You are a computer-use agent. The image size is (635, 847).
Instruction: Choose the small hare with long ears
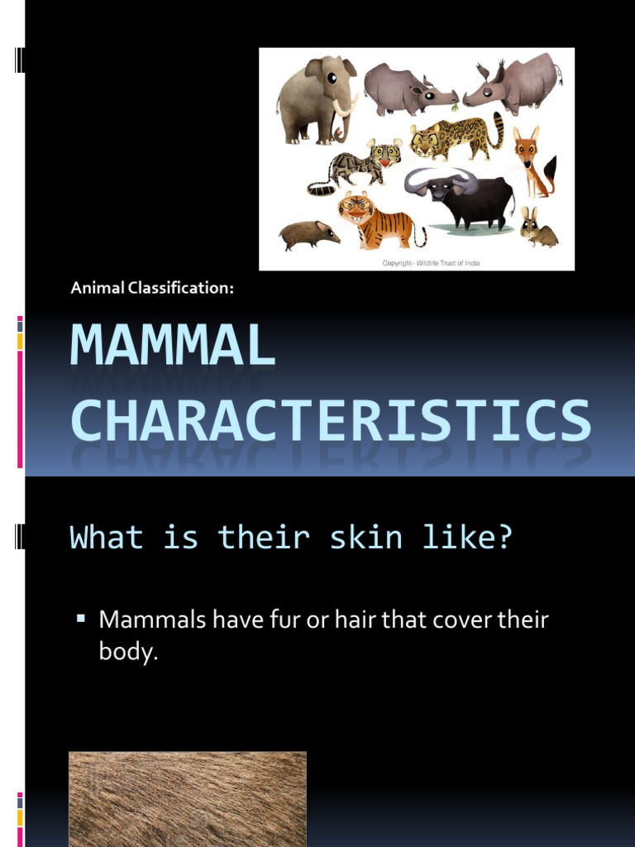click(x=536, y=229)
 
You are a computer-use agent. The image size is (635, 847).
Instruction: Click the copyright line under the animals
click(x=430, y=263)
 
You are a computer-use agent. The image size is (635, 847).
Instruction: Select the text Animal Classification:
click(x=153, y=288)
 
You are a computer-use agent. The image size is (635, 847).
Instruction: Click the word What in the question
click(x=106, y=538)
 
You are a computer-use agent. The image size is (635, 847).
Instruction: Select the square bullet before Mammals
click(x=81, y=617)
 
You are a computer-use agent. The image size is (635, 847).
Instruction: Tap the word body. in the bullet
click(x=128, y=652)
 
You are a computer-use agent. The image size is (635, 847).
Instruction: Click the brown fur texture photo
click(x=188, y=798)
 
